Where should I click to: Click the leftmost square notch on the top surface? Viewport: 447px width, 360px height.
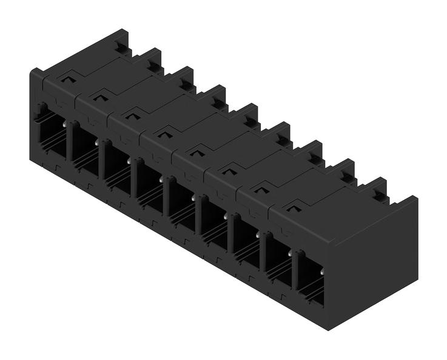coord(67,78)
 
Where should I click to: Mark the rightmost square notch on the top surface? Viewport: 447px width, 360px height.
coord(293,208)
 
